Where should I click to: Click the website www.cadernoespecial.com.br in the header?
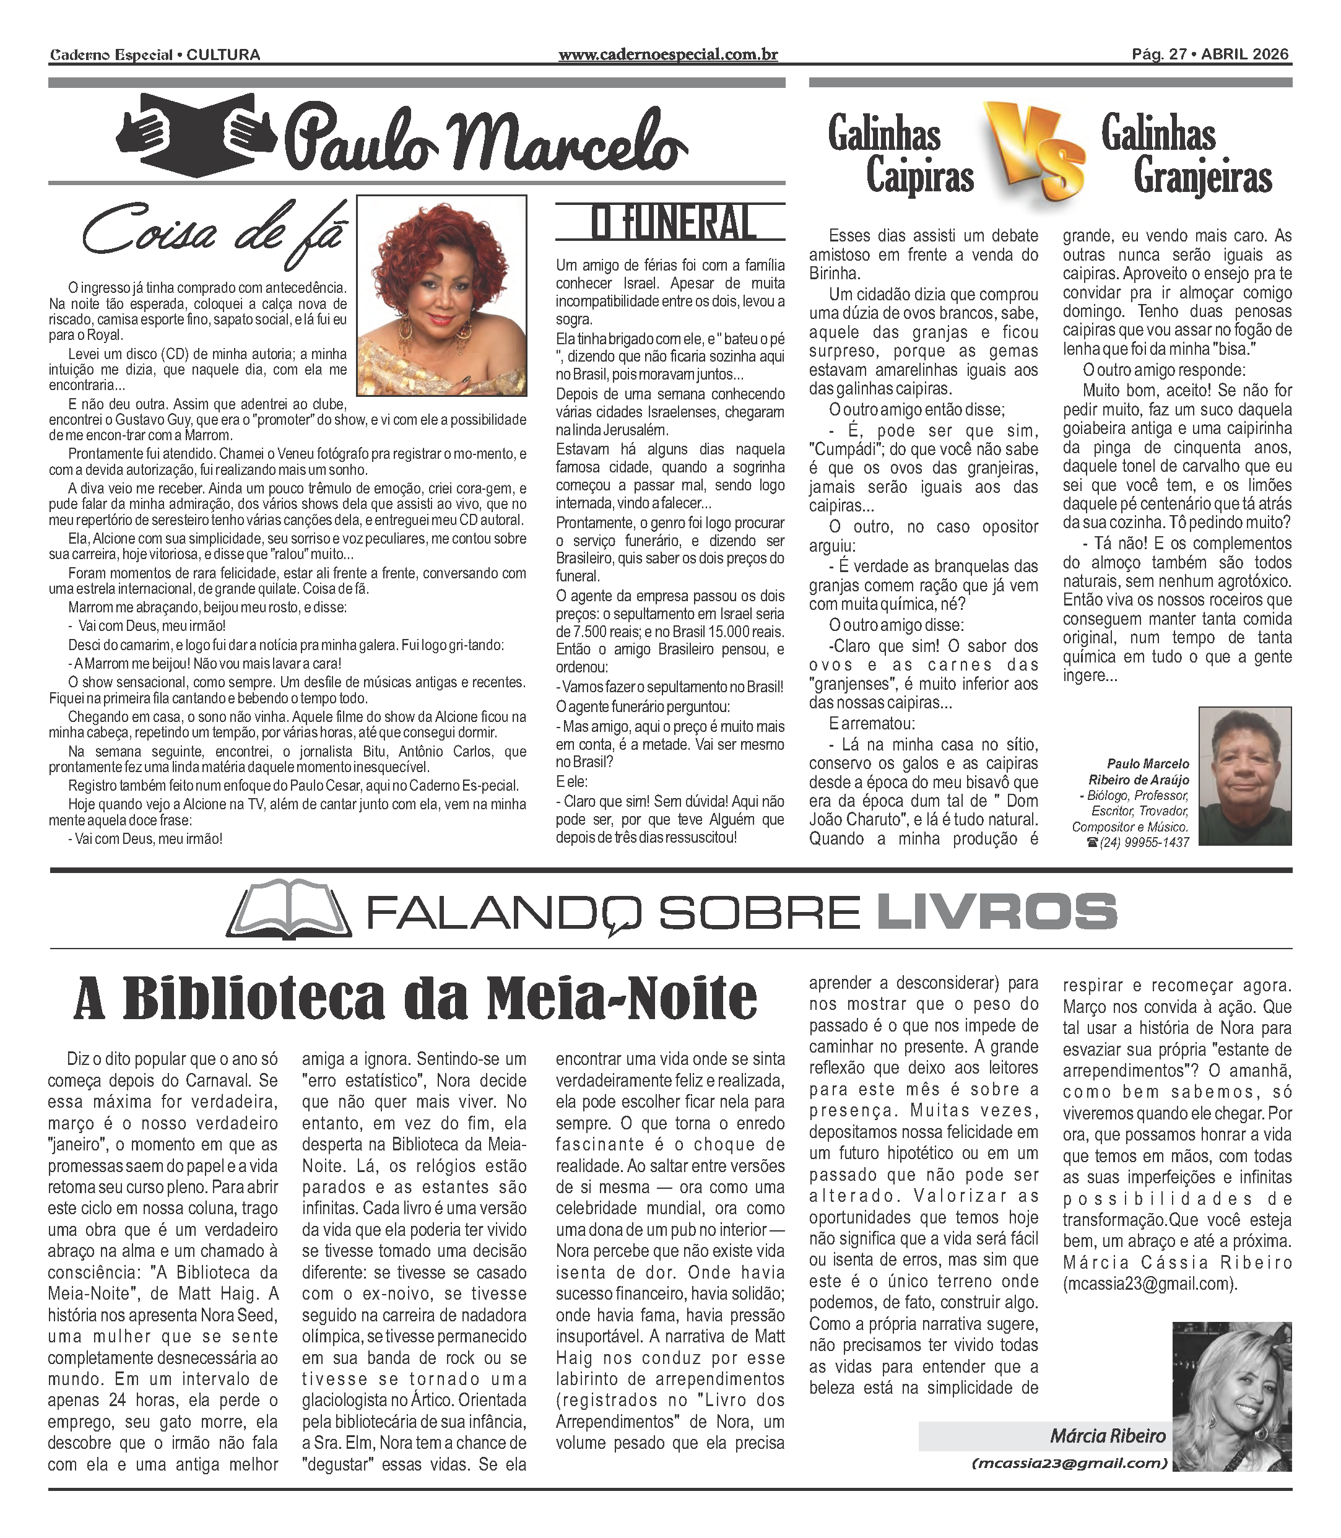point(667,54)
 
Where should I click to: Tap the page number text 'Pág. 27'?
point(1158,54)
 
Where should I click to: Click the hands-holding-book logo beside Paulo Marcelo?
point(196,136)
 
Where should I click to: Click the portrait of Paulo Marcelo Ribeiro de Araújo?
point(1244,776)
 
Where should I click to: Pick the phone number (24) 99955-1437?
point(1144,843)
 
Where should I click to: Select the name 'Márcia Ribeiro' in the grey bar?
point(1108,1435)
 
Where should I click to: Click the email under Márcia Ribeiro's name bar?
point(1069,1463)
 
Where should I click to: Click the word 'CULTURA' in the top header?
point(223,54)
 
